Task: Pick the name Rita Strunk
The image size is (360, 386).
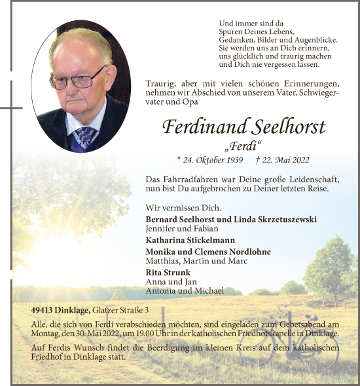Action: (168, 272)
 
